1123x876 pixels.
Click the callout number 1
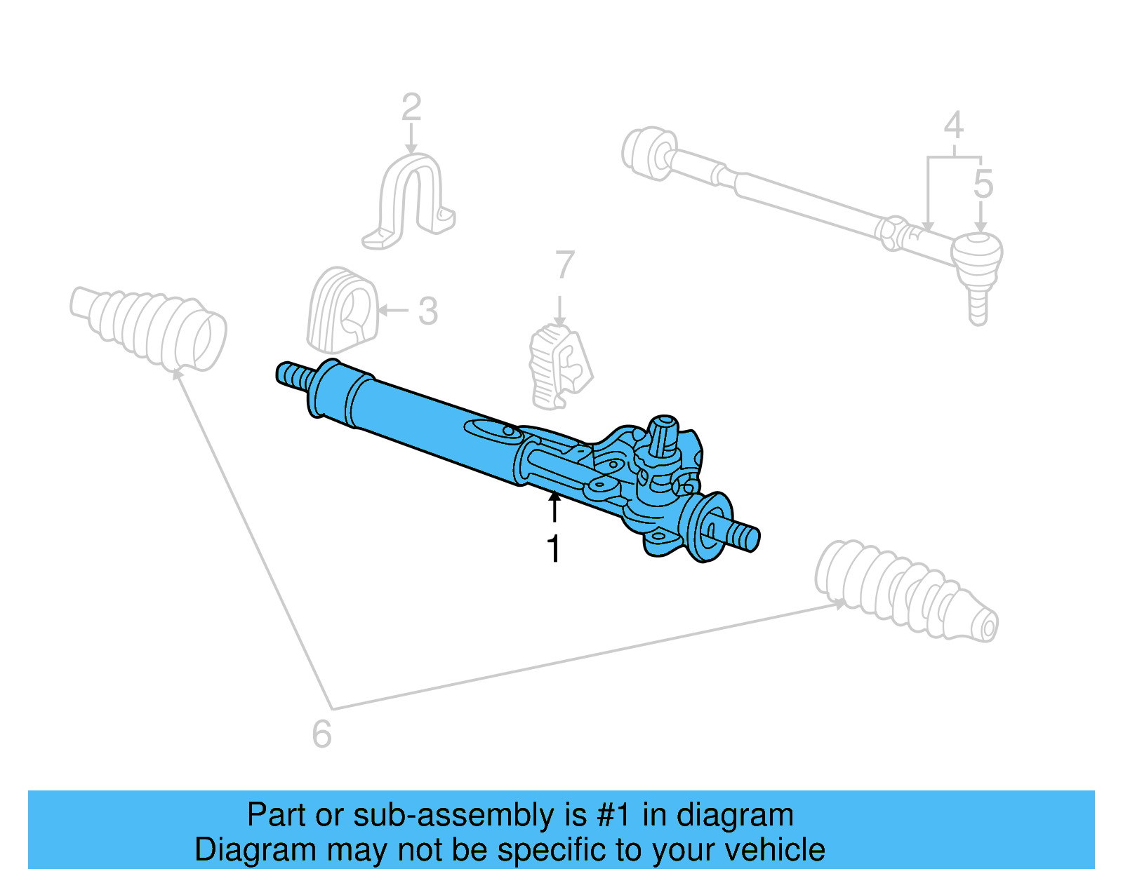click(554, 548)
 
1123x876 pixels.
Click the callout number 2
click(411, 108)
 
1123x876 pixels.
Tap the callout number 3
click(428, 311)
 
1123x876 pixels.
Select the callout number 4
click(953, 126)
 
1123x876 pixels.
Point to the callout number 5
click(983, 184)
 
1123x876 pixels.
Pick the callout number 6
click(321, 734)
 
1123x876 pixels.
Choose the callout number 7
click(564, 266)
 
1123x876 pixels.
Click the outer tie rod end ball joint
click(977, 255)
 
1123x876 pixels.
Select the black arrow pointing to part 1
click(554, 506)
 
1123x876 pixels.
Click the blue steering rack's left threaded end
click(295, 375)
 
